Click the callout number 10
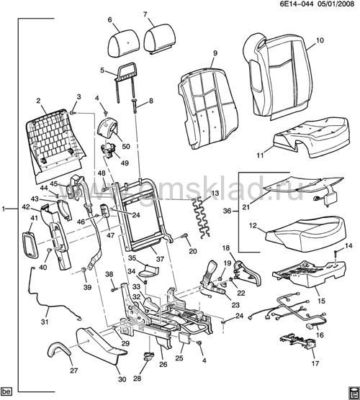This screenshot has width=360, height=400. tap(320, 40)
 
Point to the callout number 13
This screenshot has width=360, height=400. tap(215, 193)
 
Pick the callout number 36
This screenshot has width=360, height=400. tap(227, 211)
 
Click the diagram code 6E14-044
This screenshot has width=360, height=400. tap(298, 4)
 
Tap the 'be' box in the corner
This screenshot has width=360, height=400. tap(6, 391)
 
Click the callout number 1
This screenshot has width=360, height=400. tap(4, 209)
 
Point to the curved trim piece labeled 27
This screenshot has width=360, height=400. tap(59, 349)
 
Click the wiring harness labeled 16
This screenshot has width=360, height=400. tap(288, 314)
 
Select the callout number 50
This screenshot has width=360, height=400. tap(126, 146)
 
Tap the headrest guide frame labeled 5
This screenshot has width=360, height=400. tap(126, 81)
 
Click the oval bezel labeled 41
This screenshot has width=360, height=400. tap(30, 244)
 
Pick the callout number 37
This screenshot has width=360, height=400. tap(160, 259)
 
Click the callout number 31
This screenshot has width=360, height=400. tap(45, 322)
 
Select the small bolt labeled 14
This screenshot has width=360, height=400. tap(336, 256)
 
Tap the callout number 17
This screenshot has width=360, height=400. tap(315, 363)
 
